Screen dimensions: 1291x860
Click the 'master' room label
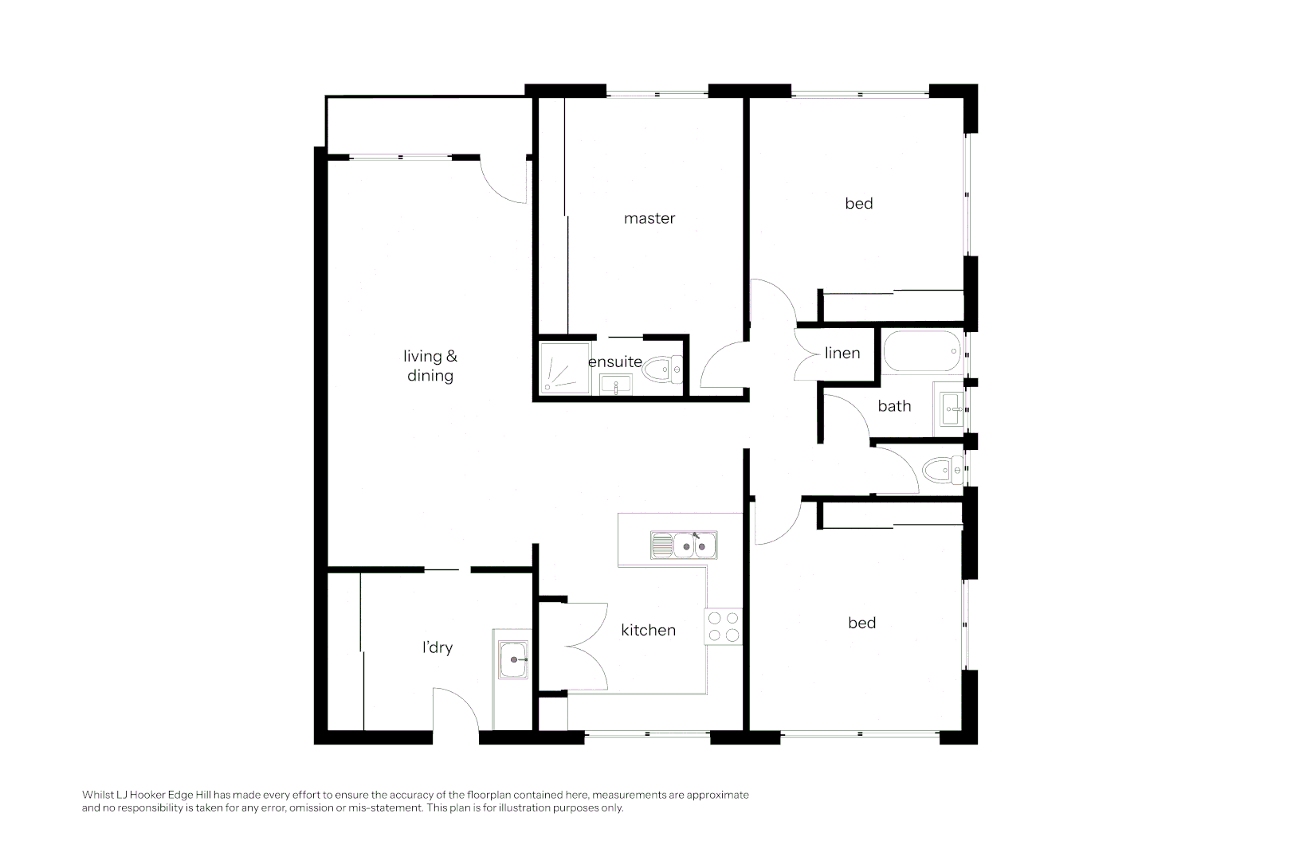click(x=649, y=218)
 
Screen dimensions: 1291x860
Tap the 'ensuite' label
click(x=614, y=362)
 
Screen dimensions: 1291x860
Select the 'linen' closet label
click(x=842, y=353)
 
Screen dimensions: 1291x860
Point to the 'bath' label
click(x=894, y=406)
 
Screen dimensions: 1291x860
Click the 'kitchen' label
click(x=648, y=630)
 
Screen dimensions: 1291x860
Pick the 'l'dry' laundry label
click(x=438, y=647)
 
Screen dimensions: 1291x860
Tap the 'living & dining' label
click(x=430, y=365)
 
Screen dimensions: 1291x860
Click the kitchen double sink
click(x=684, y=545)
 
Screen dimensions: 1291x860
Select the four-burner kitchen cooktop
click(x=724, y=627)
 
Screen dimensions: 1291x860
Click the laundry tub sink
click(x=513, y=659)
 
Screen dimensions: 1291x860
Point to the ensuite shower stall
click(x=565, y=369)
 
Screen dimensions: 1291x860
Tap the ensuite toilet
click(x=663, y=369)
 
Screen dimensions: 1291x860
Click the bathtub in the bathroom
click(x=923, y=351)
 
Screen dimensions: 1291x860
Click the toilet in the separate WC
click(x=943, y=471)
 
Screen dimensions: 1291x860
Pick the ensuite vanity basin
click(x=615, y=385)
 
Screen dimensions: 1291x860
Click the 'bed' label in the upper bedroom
click(x=859, y=203)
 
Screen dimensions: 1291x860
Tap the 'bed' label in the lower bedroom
click(x=861, y=623)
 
